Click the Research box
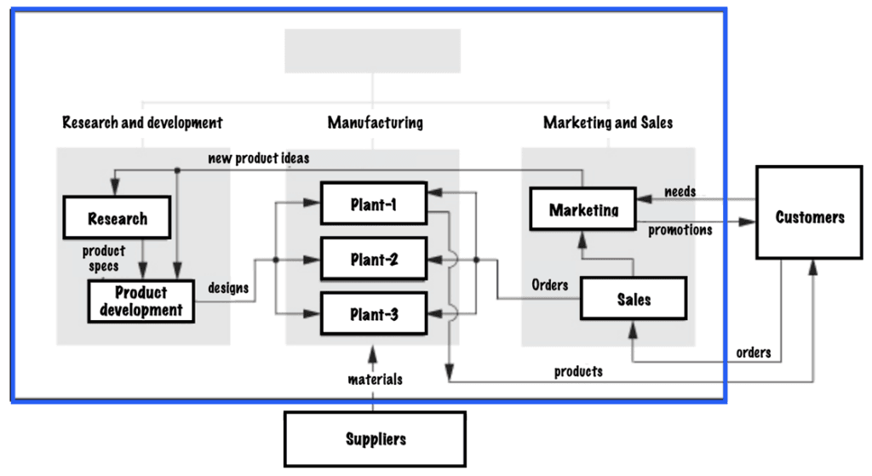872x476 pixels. (x=118, y=219)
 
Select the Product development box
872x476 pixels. (x=141, y=301)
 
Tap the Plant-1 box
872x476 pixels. (x=373, y=204)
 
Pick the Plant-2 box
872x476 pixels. (x=373, y=260)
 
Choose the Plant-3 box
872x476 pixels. (x=373, y=314)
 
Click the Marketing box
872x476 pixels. (x=583, y=209)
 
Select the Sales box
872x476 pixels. (x=633, y=299)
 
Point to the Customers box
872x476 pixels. (x=809, y=217)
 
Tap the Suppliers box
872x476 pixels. (x=375, y=439)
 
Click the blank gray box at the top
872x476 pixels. (x=372, y=51)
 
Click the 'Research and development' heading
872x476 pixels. (x=142, y=123)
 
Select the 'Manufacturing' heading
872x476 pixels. (x=375, y=123)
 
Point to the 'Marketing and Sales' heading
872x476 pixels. (x=608, y=123)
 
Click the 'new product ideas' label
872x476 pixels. (x=259, y=158)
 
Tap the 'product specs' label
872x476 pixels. (x=103, y=258)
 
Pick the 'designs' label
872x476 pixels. (x=228, y=288)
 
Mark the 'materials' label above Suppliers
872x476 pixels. (x=375, y=379)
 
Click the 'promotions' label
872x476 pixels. (x=680, y=230)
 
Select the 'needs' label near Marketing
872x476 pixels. (x=680, y=192)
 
